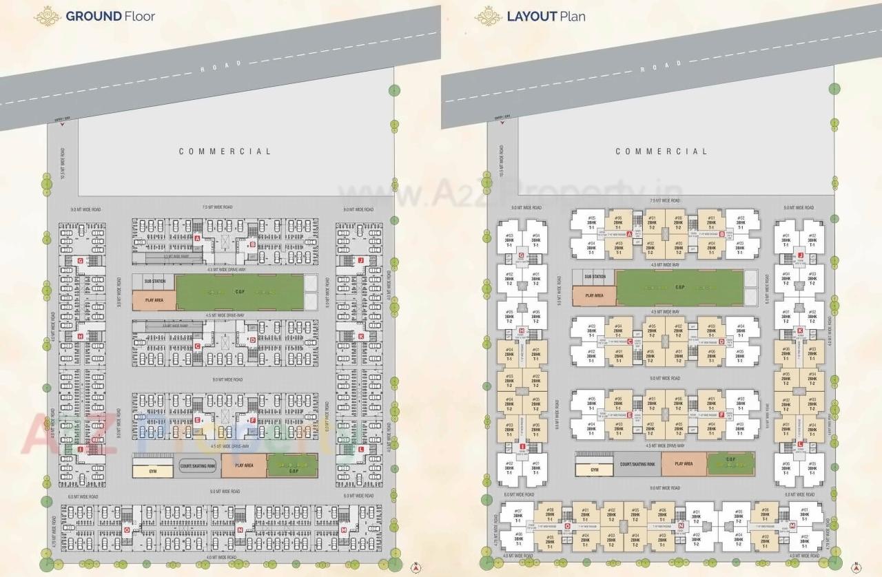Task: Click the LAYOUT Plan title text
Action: (546, 16)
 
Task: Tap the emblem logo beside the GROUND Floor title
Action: (48, 16)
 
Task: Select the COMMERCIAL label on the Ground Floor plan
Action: (225, 151)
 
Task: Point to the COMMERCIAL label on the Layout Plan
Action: (661, 151)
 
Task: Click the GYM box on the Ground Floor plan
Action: (152, 471)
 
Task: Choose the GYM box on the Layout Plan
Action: (594, 470)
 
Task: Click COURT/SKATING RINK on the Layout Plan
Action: (637, 465)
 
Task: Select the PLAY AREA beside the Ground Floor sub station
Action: (154, 301)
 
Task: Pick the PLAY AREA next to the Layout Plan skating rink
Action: (684, 464)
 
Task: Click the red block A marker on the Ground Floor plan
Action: (197, 238)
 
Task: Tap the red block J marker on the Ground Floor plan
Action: (360, 260)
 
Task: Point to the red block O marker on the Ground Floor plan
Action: (126, 529)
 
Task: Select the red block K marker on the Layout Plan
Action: (800, 331)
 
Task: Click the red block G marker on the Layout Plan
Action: (522, 256)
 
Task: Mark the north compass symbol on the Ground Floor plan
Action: (416, 568)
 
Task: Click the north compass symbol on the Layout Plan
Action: (856, 568)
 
